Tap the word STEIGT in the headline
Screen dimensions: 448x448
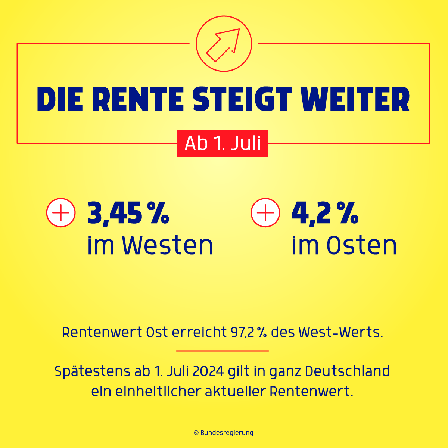[x=242, y=99]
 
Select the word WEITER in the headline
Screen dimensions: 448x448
[x=355, y=99]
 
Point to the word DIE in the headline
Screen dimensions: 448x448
[x=60, y=99]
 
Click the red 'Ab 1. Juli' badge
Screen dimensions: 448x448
[x=223, y=143]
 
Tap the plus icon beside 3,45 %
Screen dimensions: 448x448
[x=61, y=213]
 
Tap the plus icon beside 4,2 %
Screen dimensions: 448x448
[x=265, y=213]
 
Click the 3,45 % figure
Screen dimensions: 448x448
[x=128, y=213]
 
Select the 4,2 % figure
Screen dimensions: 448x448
[x=325, y=213]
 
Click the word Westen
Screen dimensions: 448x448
[x=167, y=246]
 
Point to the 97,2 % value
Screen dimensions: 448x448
[x=249, y=332]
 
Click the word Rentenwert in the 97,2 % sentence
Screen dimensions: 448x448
[x=102, y=332]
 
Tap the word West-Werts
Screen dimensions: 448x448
[x=341, y=332]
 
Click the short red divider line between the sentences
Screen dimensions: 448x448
[x=223, y=351]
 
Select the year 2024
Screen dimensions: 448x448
[x=208, y=371]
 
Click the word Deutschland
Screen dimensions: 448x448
[x=347, y=371]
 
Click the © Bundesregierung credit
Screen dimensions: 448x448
[x=223, y=433]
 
